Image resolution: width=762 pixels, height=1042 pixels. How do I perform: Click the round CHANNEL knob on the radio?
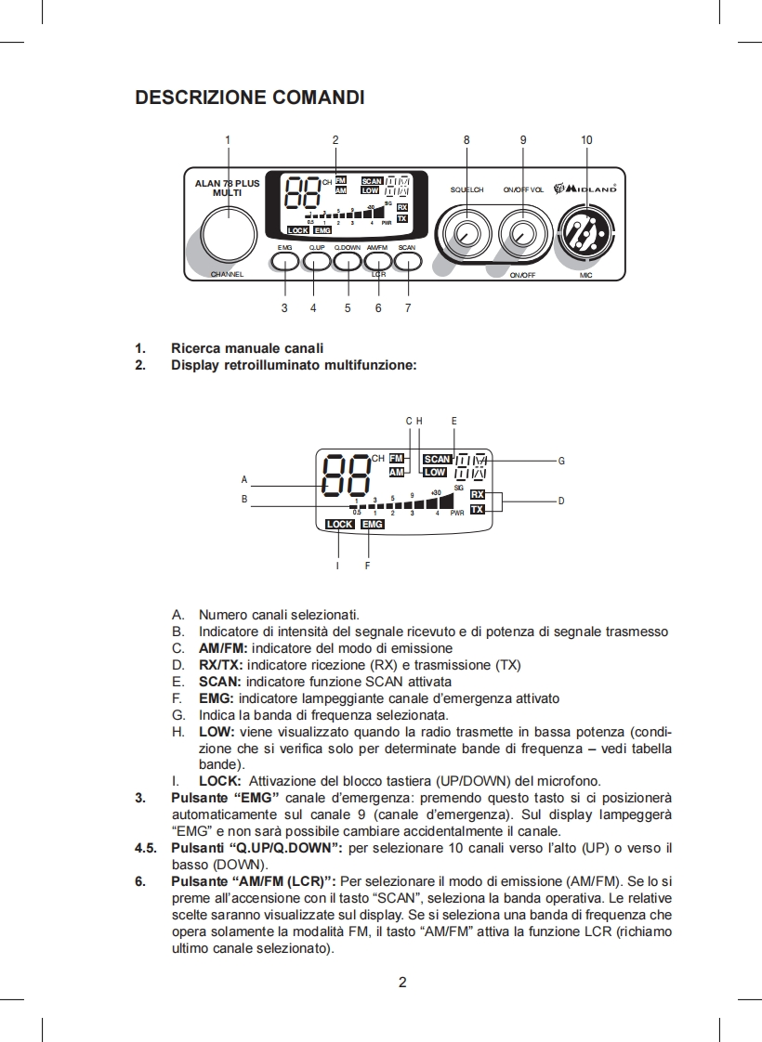[x=228, y=233]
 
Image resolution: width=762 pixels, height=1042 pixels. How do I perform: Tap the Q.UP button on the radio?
[x=316, y=261]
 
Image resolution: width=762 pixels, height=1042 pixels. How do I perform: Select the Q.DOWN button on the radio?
[x=348, y=261]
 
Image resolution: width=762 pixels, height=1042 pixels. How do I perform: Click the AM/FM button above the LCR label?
[x=378, y=261]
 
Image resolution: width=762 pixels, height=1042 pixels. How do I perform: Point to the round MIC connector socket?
[x=586, y=232]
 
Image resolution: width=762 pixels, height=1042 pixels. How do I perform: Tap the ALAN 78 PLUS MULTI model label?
[x=228, y=189]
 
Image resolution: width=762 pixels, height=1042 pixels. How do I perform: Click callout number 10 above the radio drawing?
[x=586, y=140]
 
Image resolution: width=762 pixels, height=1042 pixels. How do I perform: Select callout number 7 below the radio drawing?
[x=408, y=307]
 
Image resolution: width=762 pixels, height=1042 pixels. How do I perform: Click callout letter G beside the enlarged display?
[x=561, y=460]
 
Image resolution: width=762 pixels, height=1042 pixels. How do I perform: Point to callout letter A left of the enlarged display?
[x=244, y=480]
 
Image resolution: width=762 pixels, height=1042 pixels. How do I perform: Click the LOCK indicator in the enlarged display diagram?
[x=340, y=525]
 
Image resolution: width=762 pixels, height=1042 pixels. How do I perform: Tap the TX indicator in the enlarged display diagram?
[x=478, y=510]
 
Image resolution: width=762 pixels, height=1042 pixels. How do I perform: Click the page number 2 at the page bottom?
[x=402, y=982]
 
